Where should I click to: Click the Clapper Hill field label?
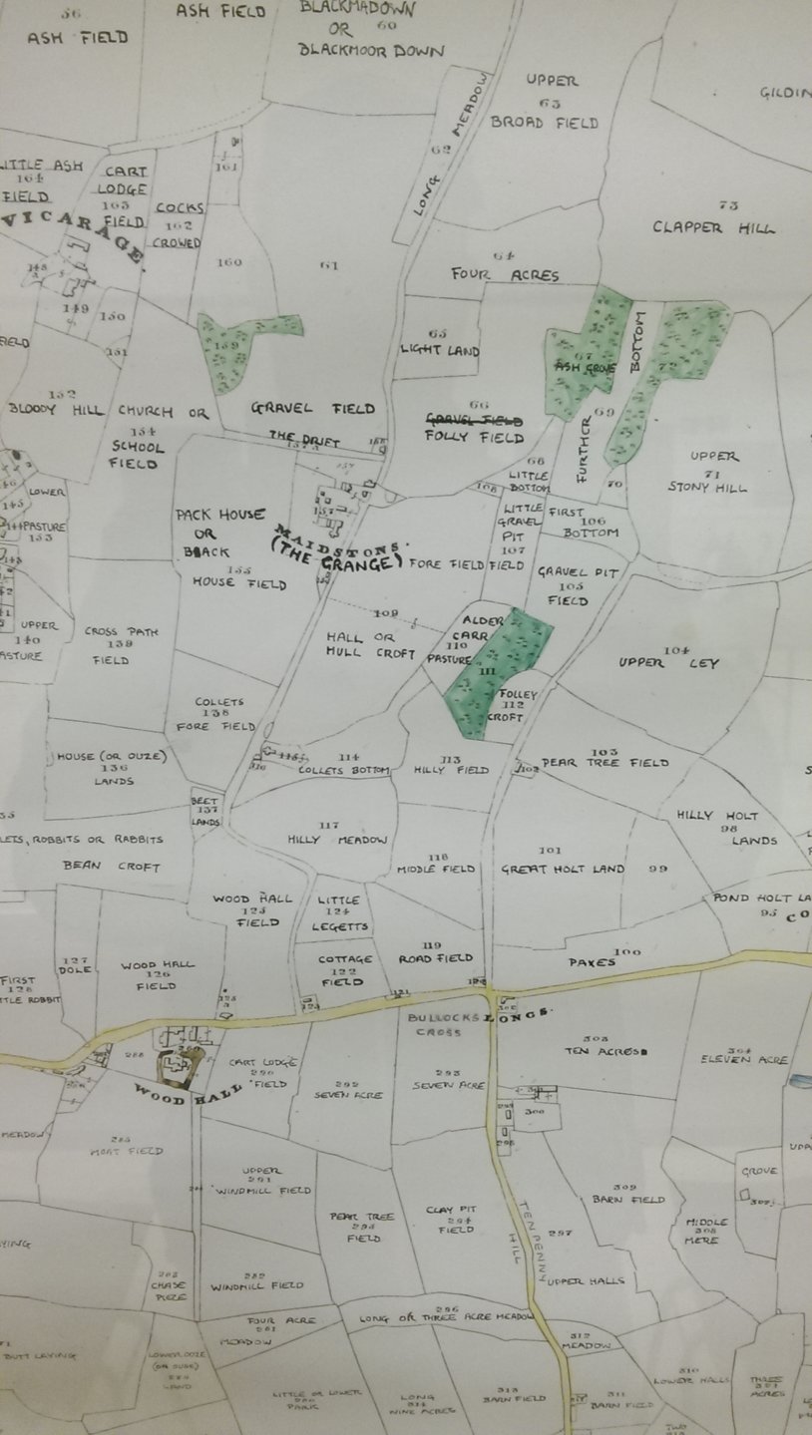[x=713, y=226]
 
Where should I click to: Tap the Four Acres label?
[x=505, y=274]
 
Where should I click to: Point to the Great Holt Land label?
[x=563, y=869]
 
